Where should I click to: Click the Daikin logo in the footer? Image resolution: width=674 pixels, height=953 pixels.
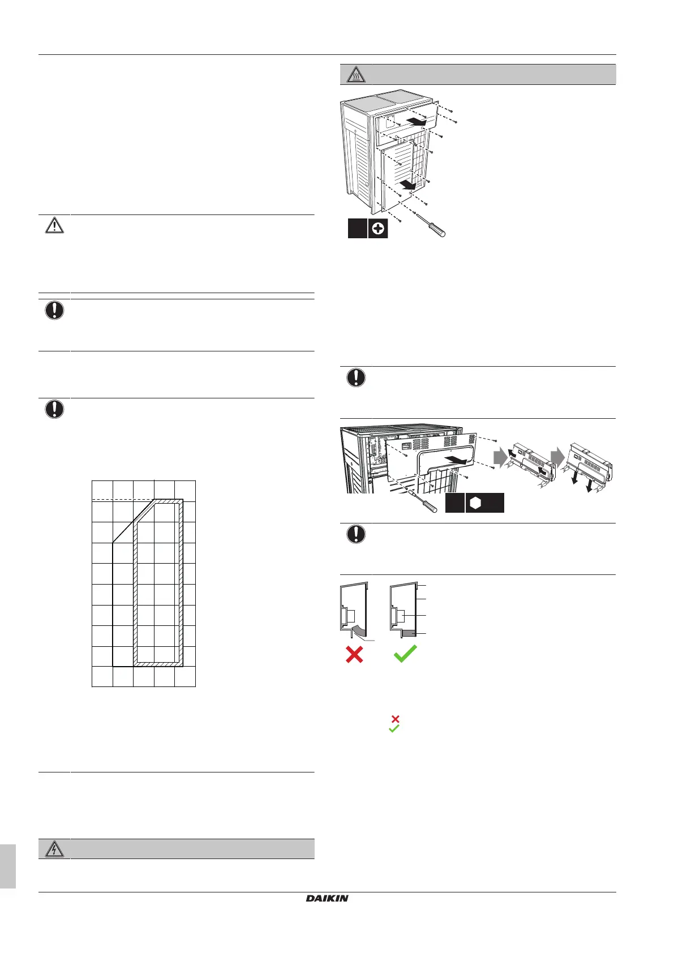tap(327, 898)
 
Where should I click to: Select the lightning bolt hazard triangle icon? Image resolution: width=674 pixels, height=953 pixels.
tap(54, 849)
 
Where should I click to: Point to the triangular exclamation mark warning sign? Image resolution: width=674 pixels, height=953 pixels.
tap(54, 225)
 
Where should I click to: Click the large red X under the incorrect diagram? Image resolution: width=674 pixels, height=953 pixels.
tap(354, 655)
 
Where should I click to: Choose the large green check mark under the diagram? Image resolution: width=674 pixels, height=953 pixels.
tap(405, 654)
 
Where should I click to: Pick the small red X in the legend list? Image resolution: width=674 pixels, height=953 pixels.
tap(396, 719)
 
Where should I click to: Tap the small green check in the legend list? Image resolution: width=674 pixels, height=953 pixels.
tap(394, 729)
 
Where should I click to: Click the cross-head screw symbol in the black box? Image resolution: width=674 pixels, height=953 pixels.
tap(378, 229)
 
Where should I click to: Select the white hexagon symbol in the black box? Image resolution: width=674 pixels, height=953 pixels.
tap(475, 503)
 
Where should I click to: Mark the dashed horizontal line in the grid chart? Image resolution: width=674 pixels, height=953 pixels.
tap(122, 500)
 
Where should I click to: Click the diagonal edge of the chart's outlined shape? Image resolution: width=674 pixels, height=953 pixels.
tap(134, 521)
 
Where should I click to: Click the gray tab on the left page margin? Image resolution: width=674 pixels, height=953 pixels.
tap(7, 866)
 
